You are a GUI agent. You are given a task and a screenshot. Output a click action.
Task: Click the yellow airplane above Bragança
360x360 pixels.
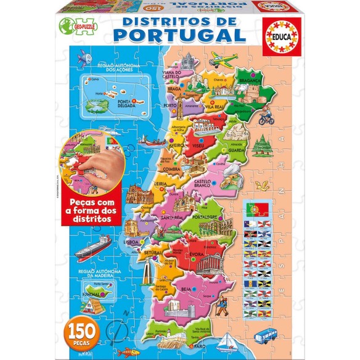[223, 60]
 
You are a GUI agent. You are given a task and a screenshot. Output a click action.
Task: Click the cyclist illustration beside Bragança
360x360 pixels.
[267, 115]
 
